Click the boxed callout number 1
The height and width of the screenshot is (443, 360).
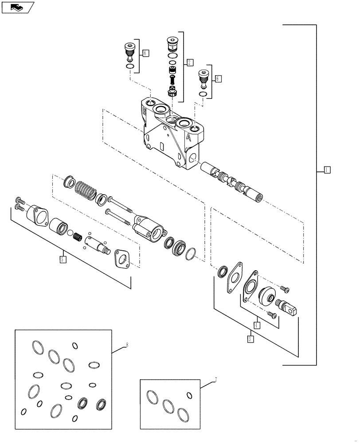pos(326,169)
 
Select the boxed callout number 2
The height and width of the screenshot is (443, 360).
pos(189,62)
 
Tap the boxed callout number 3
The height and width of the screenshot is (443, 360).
pos(250,339)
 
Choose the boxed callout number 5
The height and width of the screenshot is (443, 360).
pos(63,259)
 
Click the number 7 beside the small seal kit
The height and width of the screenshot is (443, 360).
pos(215,380)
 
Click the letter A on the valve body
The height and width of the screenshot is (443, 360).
pos(189,137)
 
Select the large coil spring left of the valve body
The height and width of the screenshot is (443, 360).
pos(85,190)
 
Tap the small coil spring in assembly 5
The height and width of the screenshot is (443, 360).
pos(78,237)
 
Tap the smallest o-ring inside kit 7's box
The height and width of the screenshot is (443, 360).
pos(189,395)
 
